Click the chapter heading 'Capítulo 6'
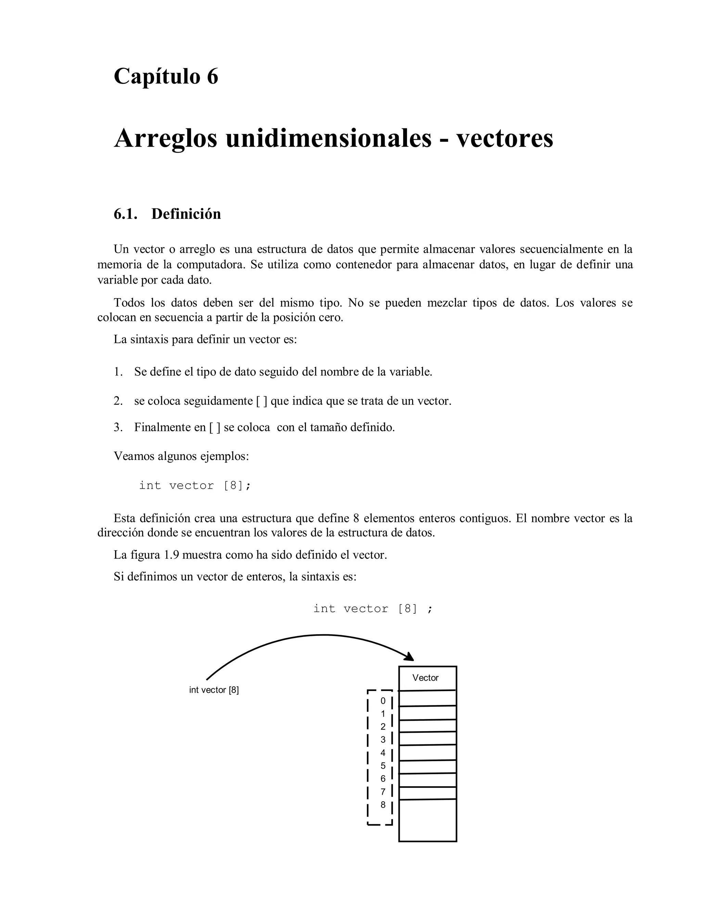pos(166,76)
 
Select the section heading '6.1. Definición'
pos(167,214)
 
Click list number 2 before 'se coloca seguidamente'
pos(118,401)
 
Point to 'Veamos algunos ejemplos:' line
pos(181,456)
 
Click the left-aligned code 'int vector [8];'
pos(195,485)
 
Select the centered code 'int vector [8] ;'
pos(372,609)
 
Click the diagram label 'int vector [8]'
pos(214,690)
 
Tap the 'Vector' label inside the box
pos(425,678)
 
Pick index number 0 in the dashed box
pos(383,701)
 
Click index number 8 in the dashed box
pos(383,805)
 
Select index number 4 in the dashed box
pos(383,753)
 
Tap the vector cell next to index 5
pos(427,767)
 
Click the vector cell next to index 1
pos(427,713)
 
